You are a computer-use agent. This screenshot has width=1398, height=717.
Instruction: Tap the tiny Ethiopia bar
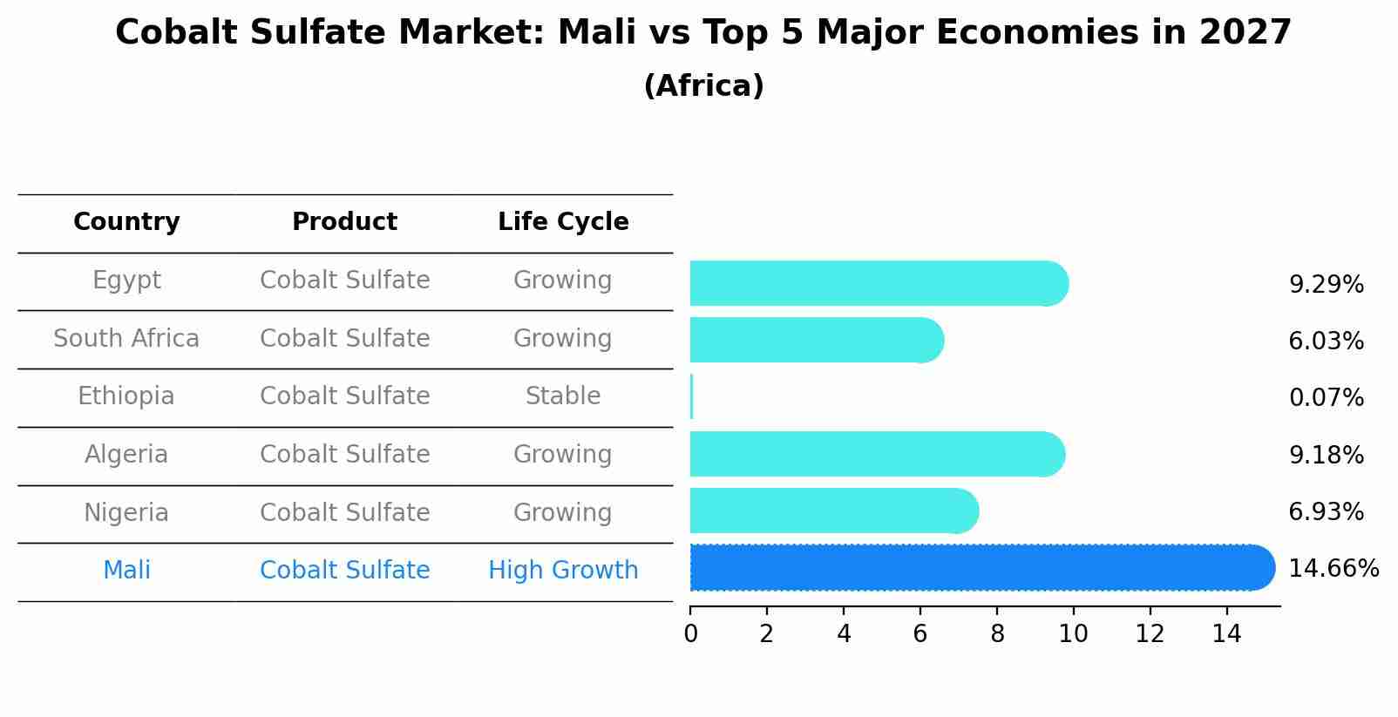[x=692, y=397]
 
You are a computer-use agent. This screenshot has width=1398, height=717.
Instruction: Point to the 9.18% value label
[x=1326, y=455]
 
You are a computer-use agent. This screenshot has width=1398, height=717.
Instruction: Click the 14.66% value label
[x=1333, y=569]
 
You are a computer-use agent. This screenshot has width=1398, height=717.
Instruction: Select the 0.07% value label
[x=1326, y=398]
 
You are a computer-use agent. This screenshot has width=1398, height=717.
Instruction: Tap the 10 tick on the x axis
[x=1073, y=634]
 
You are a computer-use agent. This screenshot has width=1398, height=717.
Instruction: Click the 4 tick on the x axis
[x=844, y=634]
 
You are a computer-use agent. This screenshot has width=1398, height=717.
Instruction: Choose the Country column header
[x=126, y=222]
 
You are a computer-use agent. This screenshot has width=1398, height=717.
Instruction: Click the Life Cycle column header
[x=563, y=222]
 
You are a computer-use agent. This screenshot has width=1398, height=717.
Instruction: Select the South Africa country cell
[x=126, y=338]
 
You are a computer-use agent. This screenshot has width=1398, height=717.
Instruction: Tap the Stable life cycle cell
[x=563, y=396]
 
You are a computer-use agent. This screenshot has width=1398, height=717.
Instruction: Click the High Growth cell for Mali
[x=563, y=571]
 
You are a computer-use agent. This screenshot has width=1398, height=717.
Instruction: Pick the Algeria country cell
[x=126, y=455]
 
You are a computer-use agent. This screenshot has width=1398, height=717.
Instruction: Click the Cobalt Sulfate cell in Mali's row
[x=344, y=571]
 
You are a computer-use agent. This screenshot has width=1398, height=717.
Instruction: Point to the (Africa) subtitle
[x=703, y=86]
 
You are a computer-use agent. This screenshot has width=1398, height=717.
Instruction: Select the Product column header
[x=344, y=222]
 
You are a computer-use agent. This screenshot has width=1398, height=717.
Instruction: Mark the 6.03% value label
[x=1326, y=341]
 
